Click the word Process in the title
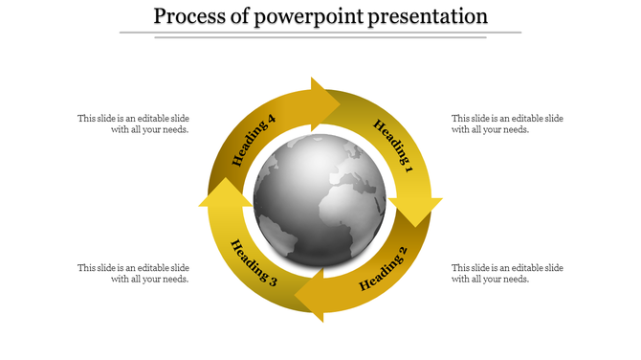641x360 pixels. (188, 16)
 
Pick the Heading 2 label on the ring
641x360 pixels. (383, 269)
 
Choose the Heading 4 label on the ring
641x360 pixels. (254, 141)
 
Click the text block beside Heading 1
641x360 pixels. (507, 124)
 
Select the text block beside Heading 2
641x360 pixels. (507, 274)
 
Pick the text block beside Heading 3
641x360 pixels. (134, 274)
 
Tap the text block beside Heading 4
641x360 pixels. (134, 124)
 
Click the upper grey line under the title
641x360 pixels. (320, 33)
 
